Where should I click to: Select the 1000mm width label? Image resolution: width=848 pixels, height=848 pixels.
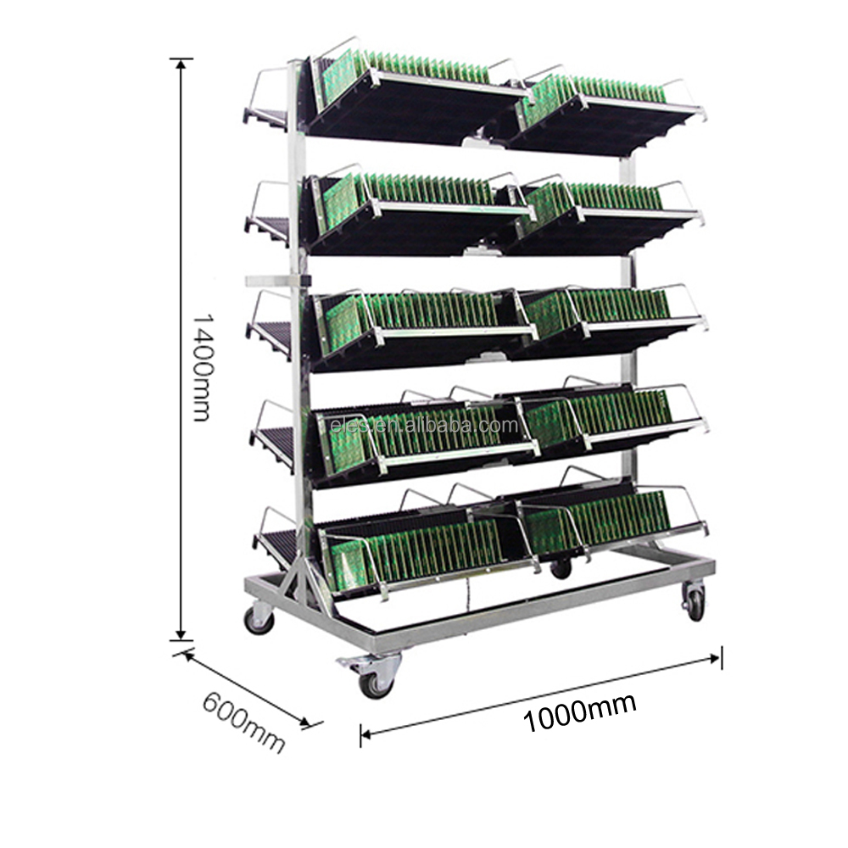coord(578,713)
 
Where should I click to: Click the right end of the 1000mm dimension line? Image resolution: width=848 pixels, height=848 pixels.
coord(720,656)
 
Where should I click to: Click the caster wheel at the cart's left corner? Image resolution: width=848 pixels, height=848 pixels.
coord(259,620)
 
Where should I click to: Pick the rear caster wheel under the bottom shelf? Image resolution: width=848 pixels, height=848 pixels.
coord(561,567)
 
